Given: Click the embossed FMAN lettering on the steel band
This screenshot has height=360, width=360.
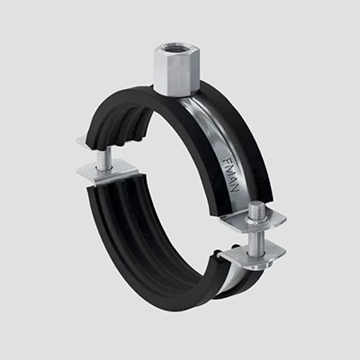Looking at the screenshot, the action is [231, 174].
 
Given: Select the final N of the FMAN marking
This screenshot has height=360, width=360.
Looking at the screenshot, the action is [236, 186].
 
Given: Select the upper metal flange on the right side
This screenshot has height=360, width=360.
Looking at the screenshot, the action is [255, 220].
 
